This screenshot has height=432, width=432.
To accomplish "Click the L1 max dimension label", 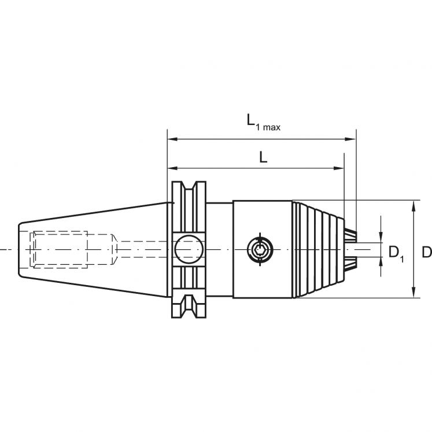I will click(x=262, y=122).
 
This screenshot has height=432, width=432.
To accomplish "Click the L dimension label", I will click(x=263, y=157).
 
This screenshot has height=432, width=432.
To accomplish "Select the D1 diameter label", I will click(x=396, y=253).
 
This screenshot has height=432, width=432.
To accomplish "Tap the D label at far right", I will click(x=426, y=252).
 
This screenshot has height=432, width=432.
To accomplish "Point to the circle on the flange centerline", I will click(x=190, y=249).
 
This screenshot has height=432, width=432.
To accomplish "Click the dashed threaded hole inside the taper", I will click(x=60, y=249).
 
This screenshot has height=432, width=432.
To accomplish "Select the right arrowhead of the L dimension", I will click(x=339, y=168).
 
